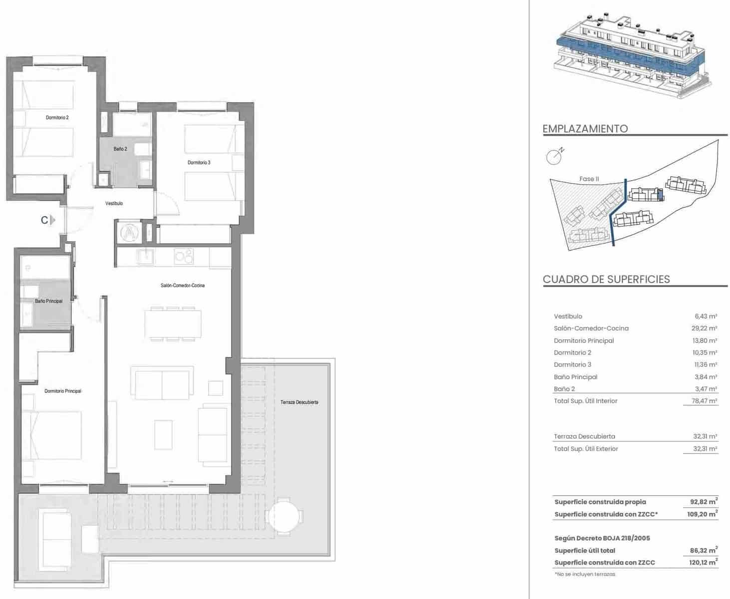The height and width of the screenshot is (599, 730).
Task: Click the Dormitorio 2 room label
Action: click(57, 118)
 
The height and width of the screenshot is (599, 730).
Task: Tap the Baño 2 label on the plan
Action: click(120, 149)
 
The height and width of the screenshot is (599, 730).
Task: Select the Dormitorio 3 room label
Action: click(199, 163)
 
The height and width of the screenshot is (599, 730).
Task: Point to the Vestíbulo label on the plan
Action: click(114, 204)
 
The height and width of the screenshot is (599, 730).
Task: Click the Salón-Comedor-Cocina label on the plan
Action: click(182, 286)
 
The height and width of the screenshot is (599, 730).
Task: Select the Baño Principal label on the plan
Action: click(48, 301)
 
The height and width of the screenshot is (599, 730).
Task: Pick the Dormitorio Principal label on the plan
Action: click(63, 391)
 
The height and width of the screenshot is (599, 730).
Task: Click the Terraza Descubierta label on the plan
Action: click(299, 402)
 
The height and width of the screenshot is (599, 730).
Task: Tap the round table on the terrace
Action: click(284, 516)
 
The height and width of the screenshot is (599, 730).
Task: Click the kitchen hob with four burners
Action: click(183, 257)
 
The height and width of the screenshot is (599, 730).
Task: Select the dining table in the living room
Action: click(173, 324)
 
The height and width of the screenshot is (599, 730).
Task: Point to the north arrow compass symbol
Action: click(554, 157)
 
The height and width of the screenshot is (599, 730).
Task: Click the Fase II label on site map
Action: click(589, 179)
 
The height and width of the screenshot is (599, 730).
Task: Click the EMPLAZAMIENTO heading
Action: click(585, 129)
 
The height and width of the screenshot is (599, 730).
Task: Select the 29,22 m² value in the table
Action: click(705, 328)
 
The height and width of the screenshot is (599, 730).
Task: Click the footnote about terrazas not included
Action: click(585, 575)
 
